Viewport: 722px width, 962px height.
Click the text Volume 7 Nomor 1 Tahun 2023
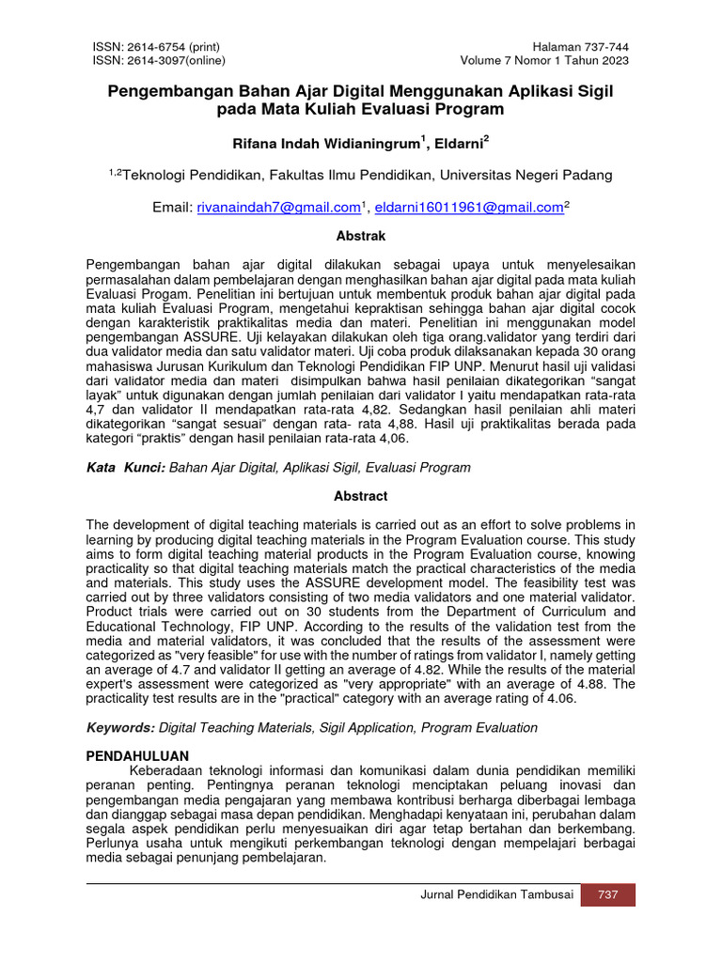click(x=544, y=61)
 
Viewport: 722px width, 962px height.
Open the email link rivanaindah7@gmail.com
click(x=279, y=207)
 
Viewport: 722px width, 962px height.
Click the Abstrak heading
click(x=361, y=236)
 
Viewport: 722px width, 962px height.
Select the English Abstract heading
click(x=361, y=496)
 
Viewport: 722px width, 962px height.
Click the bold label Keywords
click(x=120, y=727)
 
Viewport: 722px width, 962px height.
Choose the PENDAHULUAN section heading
click(x=137, y=755)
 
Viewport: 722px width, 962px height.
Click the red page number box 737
click(x=608, y=894)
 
